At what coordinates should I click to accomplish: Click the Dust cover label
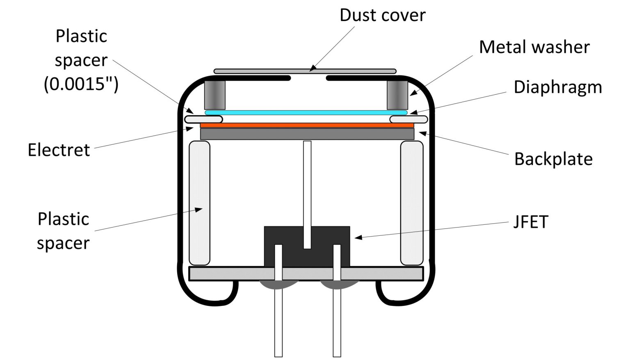coord(382,15)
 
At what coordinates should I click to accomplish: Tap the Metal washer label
coord(534,47)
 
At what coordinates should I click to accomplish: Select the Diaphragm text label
coord(557,87)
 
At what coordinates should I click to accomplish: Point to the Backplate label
coord(553,159)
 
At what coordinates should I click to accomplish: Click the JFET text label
coord(531,222)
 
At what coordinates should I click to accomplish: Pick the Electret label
coord(59,150)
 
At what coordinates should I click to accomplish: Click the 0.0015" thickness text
coord(81,84)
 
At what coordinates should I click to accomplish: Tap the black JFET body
coord(287,238)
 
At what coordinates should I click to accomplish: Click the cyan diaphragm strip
coord(306,112)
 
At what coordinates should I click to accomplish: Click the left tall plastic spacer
coord(199,203)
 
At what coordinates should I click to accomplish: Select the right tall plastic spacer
coord(411,203)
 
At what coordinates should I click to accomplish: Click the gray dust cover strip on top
coord(304,71)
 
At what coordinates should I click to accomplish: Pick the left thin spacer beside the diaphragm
coord(203,119)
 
